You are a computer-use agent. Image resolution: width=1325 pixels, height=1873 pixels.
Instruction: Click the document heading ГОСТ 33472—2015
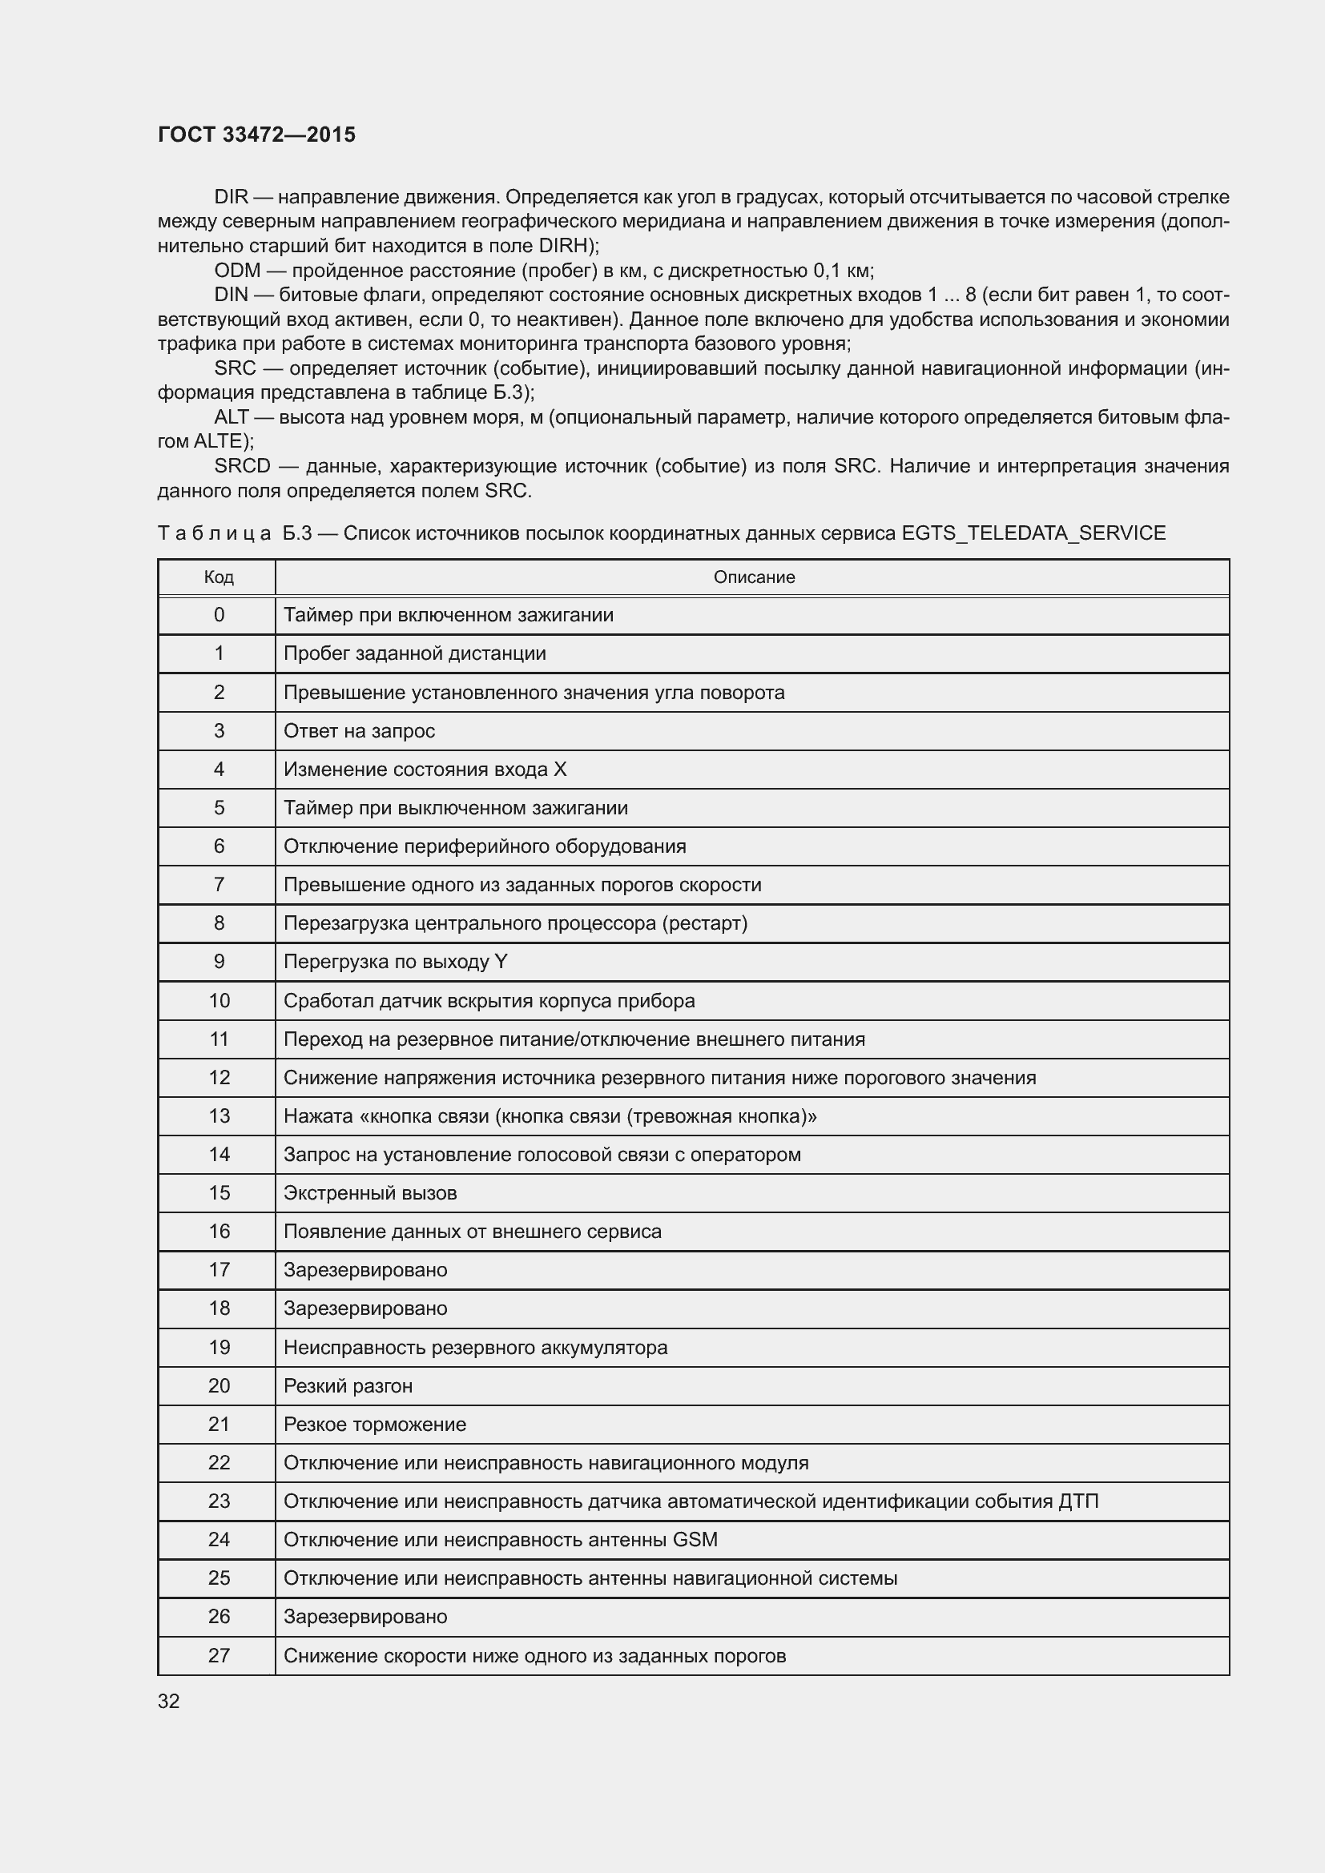[x=256, y=135]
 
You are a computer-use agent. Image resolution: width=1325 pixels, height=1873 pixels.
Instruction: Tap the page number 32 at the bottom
[x=168, y=1700]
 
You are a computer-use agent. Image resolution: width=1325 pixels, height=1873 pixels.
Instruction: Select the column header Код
[x=219, y=577]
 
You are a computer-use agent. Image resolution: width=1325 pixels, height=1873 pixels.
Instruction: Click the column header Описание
[x=753, y=577]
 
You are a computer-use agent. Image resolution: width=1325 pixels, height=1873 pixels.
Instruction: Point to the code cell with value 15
[x=219, y=1192]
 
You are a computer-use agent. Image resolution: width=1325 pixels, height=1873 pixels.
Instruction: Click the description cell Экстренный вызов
[x=369, y=1192]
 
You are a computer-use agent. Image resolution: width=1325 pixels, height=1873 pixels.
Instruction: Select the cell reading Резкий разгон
[x=348, y=1385]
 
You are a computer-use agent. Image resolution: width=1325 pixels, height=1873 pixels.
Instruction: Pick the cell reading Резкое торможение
[x=374, y=1424]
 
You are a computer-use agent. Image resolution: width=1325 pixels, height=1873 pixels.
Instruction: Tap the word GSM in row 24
[x=695, y=1539]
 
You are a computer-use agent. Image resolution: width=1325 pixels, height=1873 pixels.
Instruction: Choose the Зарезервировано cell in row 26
[x=364, y=1616]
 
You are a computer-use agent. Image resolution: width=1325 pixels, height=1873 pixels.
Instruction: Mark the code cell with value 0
[x=219, y=615]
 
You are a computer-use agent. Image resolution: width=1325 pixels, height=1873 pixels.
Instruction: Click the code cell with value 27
[x=219, y=1655]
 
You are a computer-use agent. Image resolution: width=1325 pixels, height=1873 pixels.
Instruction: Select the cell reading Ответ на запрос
[x=359, y=731]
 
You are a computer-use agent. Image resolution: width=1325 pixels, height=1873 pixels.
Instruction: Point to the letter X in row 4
[x=560, y=770]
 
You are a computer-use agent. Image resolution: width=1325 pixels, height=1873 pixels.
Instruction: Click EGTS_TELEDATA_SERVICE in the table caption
[x=1033, y=533]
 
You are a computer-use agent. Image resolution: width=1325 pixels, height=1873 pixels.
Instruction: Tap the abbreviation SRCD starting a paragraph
[x=241, y=467]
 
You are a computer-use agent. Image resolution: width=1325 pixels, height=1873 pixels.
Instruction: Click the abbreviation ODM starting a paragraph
[x=236, y=270]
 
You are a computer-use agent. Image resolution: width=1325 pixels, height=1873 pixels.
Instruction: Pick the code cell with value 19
[x=219, y=1347]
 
